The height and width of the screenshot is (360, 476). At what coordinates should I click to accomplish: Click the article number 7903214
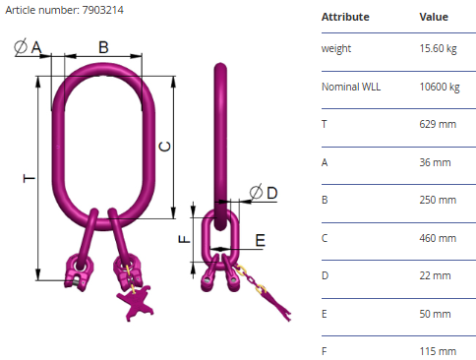(x=103, y=10)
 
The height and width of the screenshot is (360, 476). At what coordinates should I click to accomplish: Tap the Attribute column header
(x=345, y=17)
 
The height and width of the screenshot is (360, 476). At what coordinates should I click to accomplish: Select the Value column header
(x=434, y=17)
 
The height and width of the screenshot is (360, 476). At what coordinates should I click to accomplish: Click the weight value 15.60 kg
(x=438, y=48)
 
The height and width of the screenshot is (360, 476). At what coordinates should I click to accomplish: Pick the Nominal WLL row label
(x=351, y=87)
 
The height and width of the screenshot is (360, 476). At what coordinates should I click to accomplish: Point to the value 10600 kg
(x=440, y=87)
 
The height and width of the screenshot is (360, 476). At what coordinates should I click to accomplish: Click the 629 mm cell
(x=438, y=124)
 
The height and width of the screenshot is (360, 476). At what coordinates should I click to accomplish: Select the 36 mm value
(x=435, y=162)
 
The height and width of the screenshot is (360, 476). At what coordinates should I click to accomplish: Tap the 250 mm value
(x=438, y=200)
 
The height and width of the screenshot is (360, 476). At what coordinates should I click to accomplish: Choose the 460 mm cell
(x=438, y=238)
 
